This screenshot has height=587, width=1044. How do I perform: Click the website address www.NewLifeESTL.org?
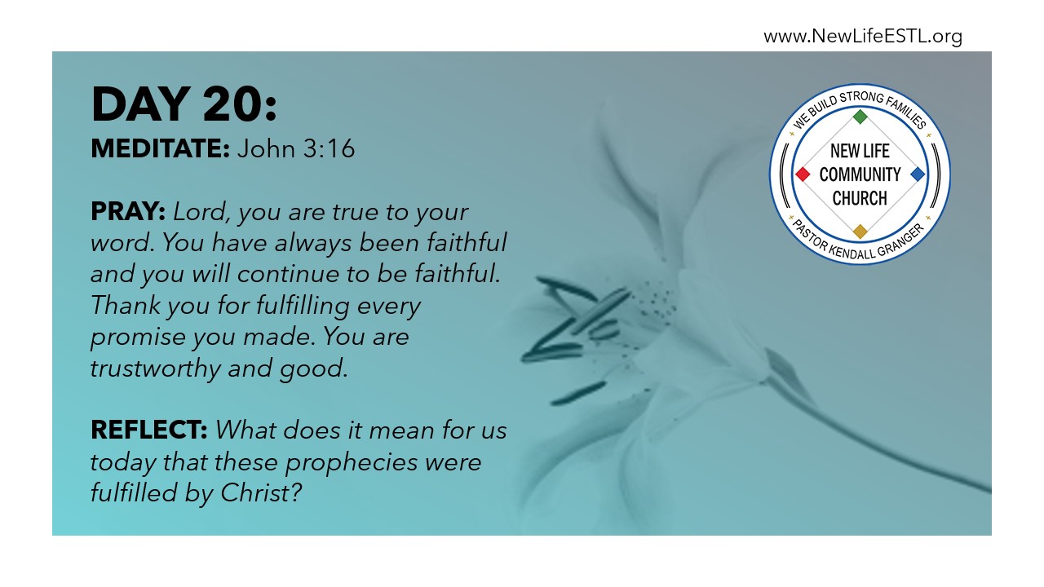[x=863, y=37]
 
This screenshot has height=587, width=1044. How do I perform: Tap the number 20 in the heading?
[x=229, y=104]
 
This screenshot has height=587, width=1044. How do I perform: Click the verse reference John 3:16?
[x=296, y=148]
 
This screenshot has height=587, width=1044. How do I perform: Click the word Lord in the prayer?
[x=201, y=213]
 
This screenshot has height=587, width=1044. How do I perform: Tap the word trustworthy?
[x=156, y=368]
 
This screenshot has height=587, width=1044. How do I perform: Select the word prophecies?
[x=352, y=462]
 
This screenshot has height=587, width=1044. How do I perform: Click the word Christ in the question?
[x=261, y=492]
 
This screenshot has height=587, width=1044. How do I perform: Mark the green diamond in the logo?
[x=860, y=117]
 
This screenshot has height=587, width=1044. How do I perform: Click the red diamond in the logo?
[x=803, y=174]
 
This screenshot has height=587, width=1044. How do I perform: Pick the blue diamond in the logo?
[x=918, y=174]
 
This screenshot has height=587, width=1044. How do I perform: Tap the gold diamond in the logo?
[x=860, y=232]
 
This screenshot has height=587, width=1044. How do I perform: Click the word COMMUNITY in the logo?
[x=860, y=174]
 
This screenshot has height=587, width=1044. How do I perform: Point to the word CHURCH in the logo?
[x=860, y=198]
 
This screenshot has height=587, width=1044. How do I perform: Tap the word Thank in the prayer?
[x=126, y=306]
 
